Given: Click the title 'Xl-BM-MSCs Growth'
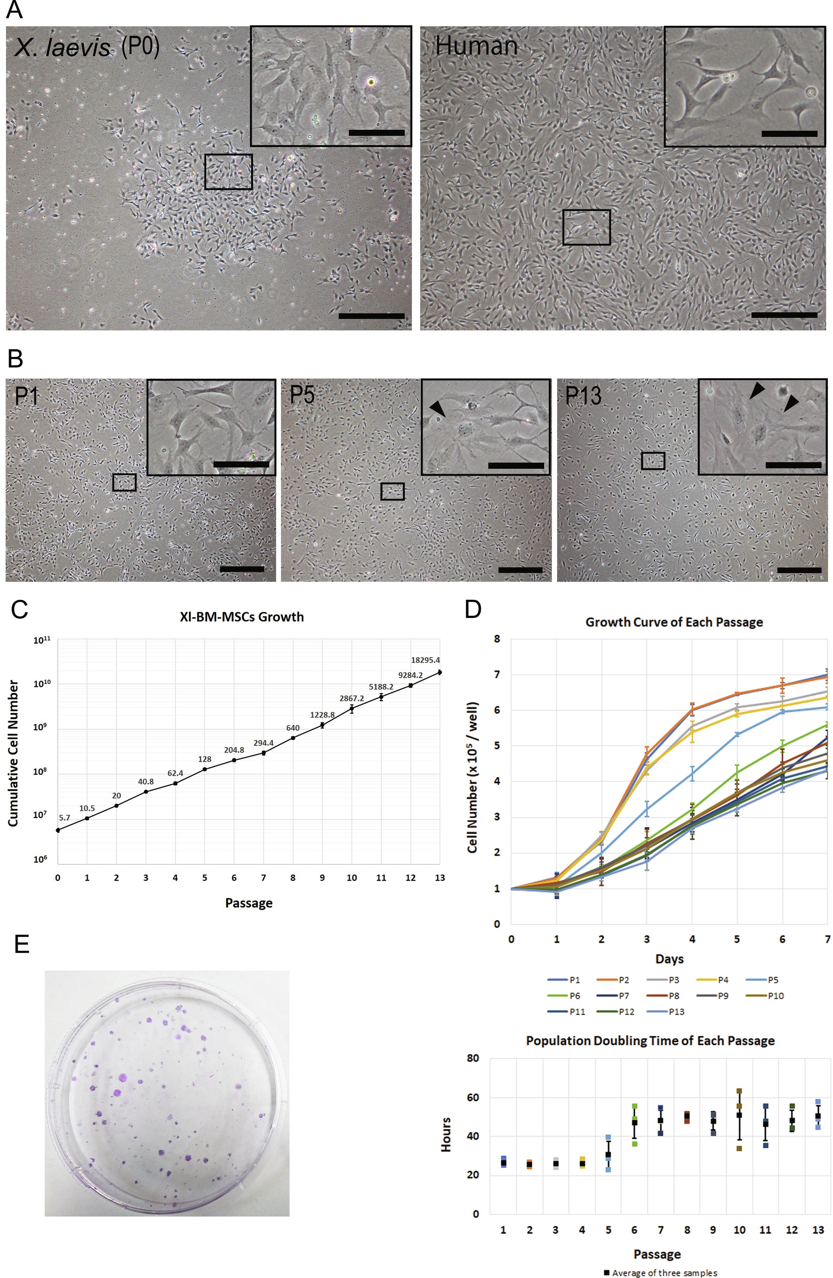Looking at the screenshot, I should pyautogui.click(x=242, y=617).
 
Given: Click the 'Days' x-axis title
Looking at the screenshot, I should pyautogui.click(x=669, y=958).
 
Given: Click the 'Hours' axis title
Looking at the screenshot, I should pyautogui.click(x=446, y=1135).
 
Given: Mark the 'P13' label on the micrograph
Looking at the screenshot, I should pyautogui.click(x=583, y=396).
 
